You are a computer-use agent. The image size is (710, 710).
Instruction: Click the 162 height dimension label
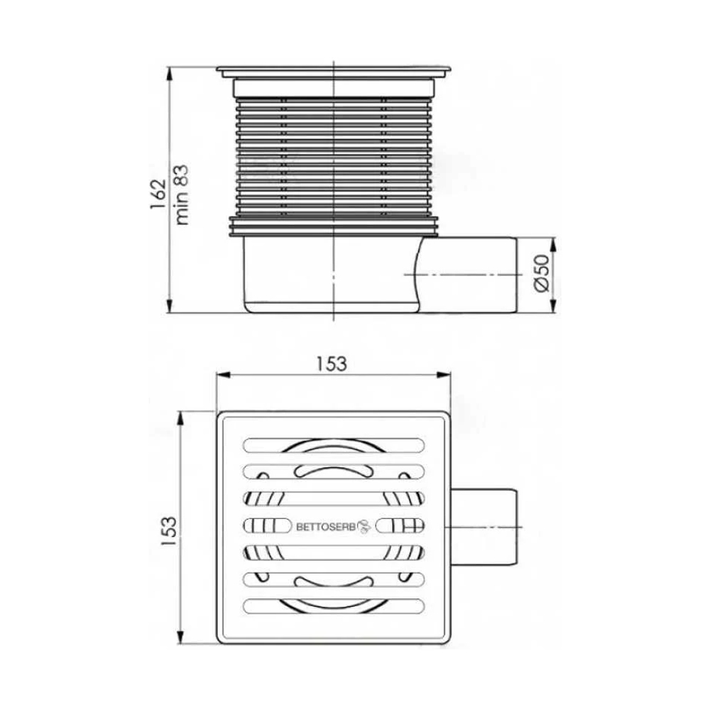(x=158, y=195)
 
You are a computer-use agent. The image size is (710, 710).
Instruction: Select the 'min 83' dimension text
(x=181, y=195)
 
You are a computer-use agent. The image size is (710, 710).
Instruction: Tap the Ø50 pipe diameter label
(x=542, y=273)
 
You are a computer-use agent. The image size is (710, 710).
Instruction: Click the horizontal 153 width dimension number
(x=332, y=364)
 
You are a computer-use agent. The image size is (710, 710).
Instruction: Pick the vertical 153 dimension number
(x=168, y=530)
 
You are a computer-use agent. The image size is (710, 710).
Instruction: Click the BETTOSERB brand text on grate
(x=326, y=527)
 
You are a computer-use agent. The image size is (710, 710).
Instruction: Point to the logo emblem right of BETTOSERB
(x=364, y=526)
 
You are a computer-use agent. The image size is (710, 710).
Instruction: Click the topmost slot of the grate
(x=334, y=445)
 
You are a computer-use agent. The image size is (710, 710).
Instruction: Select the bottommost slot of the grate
(x=334, y=606)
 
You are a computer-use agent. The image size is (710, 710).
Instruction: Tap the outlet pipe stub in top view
(x=484, y=527)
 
